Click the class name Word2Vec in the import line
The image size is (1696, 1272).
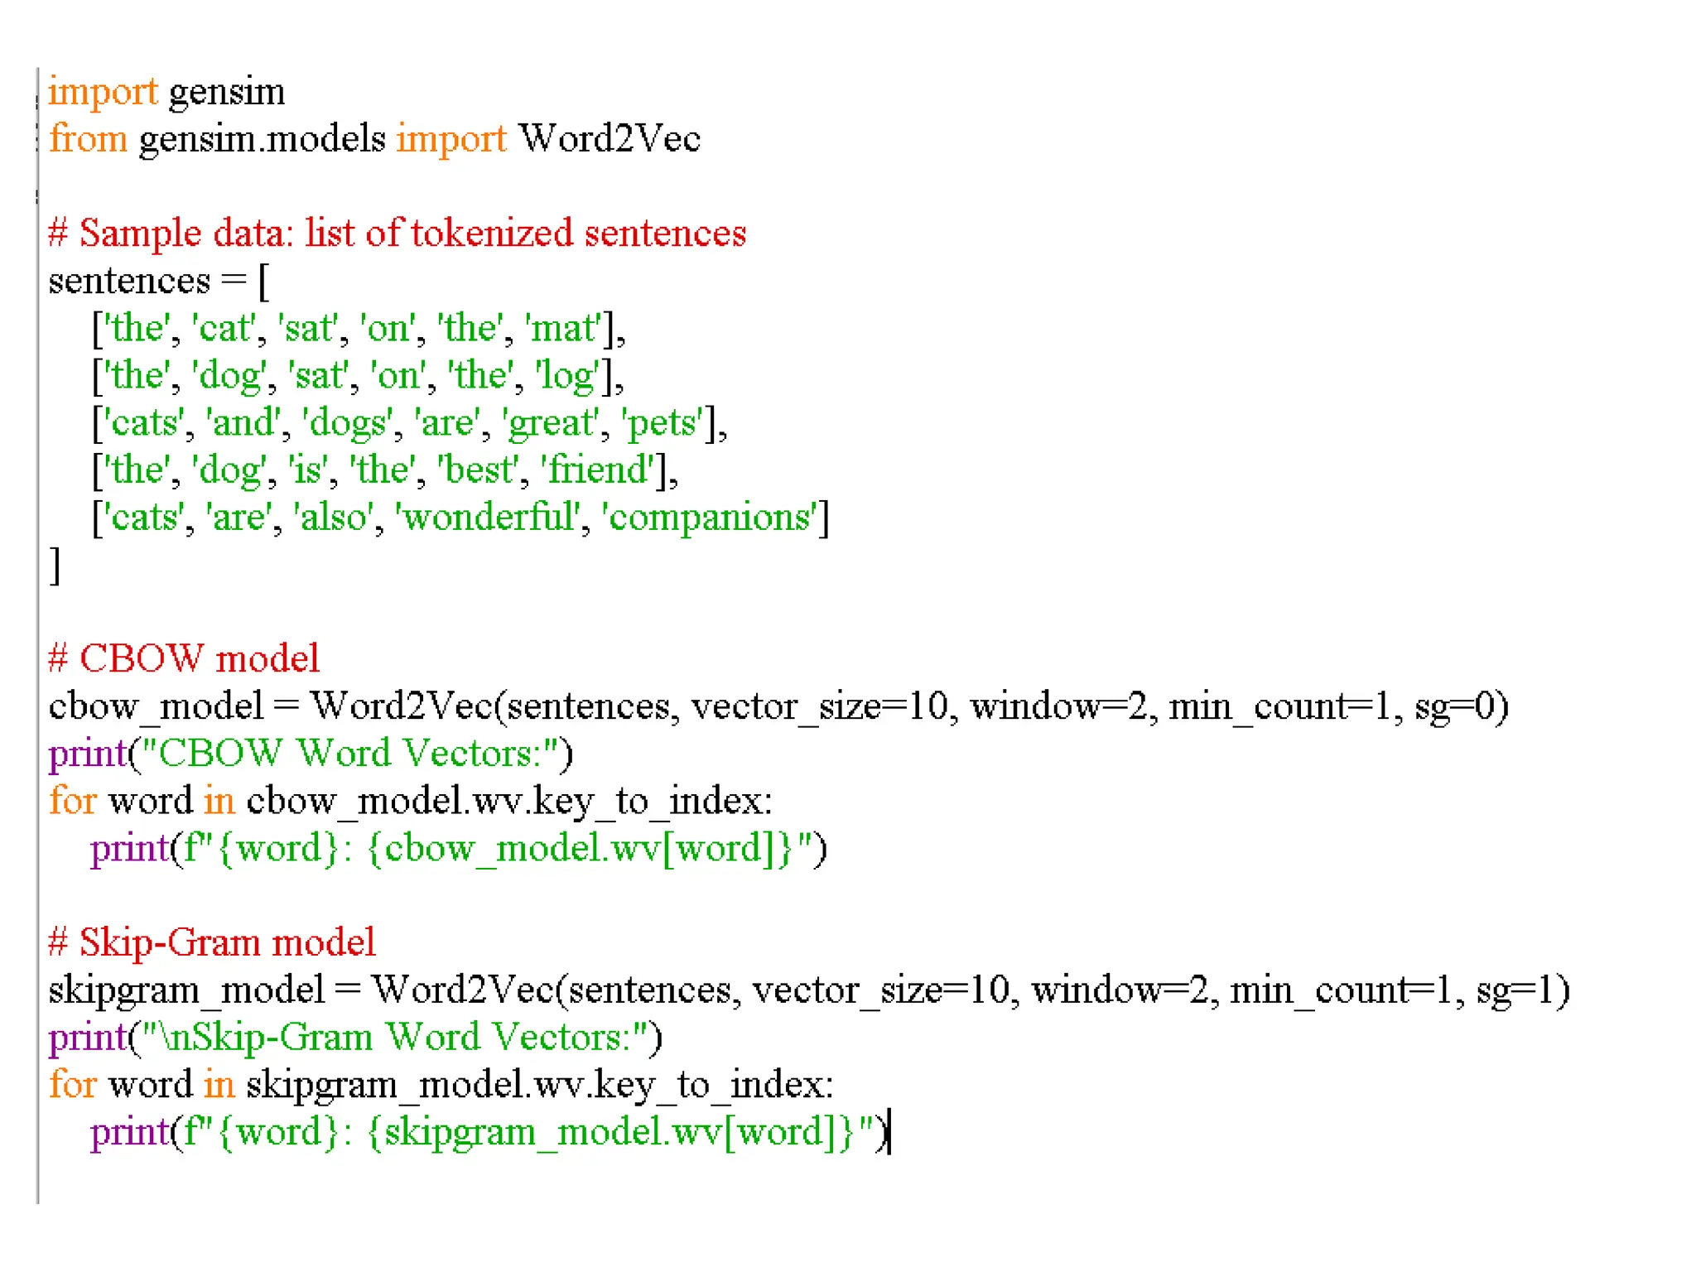pos(609,138)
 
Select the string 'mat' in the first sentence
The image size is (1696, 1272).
pos(563,328)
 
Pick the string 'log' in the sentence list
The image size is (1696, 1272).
pos(566,375)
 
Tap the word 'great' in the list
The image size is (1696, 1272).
pos(550,423)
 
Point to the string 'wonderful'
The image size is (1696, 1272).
pos(489,518)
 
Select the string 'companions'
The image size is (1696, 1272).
pos(712,518)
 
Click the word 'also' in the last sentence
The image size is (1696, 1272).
pos(334,518)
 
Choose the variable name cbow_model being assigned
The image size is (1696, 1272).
pos(156,706)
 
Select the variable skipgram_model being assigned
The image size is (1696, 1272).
pos(186,990)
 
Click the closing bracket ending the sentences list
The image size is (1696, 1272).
pos(55,566)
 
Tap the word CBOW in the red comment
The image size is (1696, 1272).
pos(141,659)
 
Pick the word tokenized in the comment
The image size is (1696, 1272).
pos(492,234)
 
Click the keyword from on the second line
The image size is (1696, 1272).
pos(88,138)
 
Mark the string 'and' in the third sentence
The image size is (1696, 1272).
pos(243,423)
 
